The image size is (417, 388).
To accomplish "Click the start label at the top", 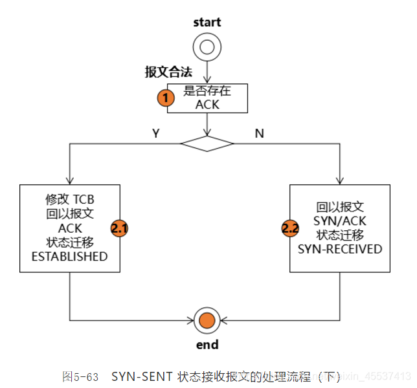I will (207, 22).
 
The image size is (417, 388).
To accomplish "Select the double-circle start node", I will (207, 46).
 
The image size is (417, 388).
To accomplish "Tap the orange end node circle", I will (207, 319).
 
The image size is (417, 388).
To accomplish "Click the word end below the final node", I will (207, 344).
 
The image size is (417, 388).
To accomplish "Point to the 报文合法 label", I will (168, 72).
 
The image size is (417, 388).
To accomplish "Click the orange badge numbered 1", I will (166, 98).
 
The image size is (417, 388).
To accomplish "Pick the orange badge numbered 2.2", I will (290, 228).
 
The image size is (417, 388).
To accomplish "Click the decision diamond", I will (207, 143).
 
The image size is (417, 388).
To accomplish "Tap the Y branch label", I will (155, 133).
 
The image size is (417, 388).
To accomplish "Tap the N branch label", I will (260, 133).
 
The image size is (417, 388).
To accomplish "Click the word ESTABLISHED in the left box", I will (70, 256).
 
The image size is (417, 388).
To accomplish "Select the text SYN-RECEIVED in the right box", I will (340, 249).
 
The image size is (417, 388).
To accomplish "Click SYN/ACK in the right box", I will (340, 221).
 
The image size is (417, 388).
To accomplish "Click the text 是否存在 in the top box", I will (207, 91).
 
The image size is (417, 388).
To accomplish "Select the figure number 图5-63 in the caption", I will (80, 376).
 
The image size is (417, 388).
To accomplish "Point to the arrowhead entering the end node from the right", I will (223, 319).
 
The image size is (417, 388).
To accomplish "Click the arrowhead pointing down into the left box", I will (70, 180).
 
